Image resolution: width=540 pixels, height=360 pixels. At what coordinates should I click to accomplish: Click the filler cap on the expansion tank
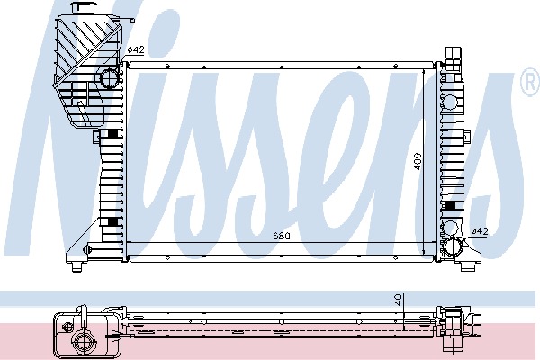[79, 8]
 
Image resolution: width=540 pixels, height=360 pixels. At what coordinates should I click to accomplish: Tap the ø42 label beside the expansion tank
[135, 49]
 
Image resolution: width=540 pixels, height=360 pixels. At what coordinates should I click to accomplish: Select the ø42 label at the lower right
[480, 231]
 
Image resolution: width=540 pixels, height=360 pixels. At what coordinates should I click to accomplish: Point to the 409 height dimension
[417, 161]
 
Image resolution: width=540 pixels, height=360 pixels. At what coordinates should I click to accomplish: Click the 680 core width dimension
[282, 236]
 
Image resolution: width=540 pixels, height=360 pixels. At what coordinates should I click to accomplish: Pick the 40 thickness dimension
[398, 300]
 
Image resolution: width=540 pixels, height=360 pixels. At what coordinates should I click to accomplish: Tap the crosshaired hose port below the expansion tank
[110, 78]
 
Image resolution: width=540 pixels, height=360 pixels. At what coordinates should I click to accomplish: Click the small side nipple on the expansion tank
[128, 21]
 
